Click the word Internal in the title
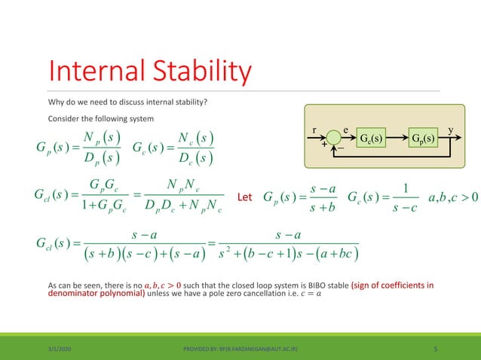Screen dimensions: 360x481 tap(93, 72)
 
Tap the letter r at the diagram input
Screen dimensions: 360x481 tap(315, 130)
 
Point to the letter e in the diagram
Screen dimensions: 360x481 tap(346, 130)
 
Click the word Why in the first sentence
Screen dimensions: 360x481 tap(55, 100)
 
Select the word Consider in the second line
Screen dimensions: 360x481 tap(63, 119)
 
